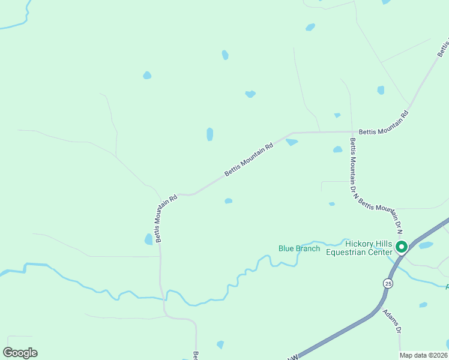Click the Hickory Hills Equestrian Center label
click(358, 248)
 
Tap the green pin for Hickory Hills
click(402, 247)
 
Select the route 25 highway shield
click(388, 283)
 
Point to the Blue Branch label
click(299, 248)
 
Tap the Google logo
click(20, 353)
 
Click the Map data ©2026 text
click(424, 354)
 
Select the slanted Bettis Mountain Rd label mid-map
click(249, 159)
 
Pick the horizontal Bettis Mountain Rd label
click(383, 131)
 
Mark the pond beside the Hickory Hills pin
click(426, 245)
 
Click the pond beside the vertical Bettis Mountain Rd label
click(148, 239)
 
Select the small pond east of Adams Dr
click(423, 305)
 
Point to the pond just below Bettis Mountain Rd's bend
click(292, 142)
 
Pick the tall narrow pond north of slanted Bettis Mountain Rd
click(209, 134)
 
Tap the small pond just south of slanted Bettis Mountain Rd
click(228, 201)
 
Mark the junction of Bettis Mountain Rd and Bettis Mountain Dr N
click(351, 131)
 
